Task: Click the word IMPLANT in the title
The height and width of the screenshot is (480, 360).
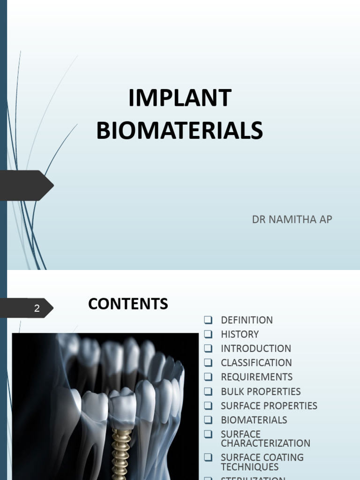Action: [x=180, y=98]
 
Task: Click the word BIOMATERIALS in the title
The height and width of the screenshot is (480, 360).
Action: [x=180, y=130]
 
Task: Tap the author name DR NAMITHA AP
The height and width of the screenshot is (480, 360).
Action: [x=292, y=219]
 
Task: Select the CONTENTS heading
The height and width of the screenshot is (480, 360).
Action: [x=128, y=304]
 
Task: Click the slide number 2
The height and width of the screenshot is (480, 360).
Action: [x=37, y=308]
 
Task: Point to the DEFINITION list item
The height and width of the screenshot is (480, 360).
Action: [x=247, y=320]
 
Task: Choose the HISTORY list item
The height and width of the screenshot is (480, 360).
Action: [x=240, y=334]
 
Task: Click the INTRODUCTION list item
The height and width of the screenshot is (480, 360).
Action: [x=256, y=349]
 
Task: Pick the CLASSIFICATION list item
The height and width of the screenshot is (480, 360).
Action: [x=256, y=363]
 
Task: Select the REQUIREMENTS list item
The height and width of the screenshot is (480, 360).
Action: [x=256, y=377]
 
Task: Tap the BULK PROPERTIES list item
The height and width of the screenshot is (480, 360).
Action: [x=261, y=391]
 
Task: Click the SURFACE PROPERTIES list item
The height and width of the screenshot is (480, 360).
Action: [x=269, y=406]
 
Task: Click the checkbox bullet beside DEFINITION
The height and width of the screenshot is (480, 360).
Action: [x=209, y=320]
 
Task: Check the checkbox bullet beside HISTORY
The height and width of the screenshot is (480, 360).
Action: [x=209, y=334]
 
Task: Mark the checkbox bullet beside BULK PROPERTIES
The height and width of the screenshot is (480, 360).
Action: [x=209, y=391]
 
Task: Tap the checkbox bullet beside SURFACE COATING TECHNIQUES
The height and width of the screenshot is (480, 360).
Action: [x=209, y=457]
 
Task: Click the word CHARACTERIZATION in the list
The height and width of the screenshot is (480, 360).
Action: [x=265, y=443]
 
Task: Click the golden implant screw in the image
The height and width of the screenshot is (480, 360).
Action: [x=120, y=450]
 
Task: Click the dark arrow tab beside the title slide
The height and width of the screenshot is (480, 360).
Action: [x=26, y=186]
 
